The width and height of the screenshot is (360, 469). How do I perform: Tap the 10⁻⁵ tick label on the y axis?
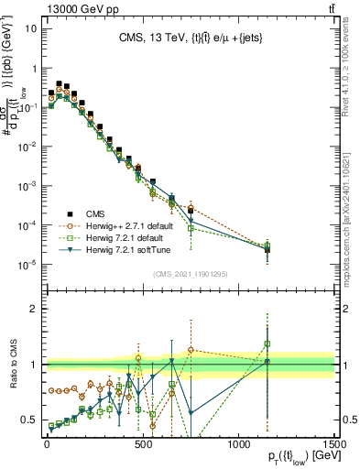27,264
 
